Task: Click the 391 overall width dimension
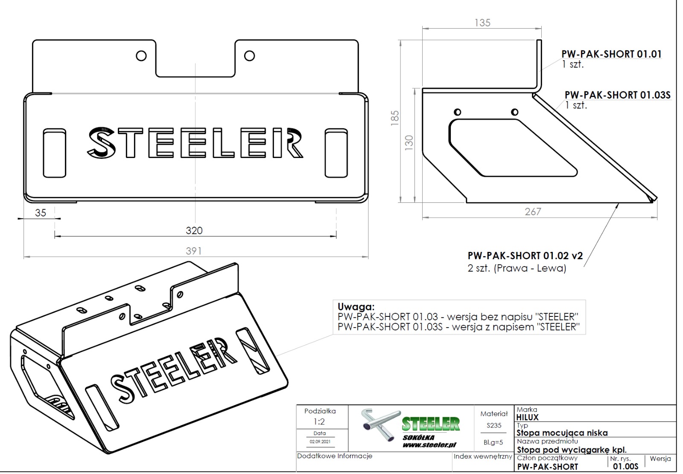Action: [x=194, y=251]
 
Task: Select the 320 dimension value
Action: [x=194, y=230]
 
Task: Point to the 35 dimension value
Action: [x=41, y=213]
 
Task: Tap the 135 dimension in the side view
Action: [x=482, y=23]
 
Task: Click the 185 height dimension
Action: [x=395, y=118]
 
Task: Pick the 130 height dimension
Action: [x=409, y=143]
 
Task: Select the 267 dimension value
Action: [x=533, y=212]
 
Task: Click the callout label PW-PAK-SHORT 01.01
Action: [x=611, y=54]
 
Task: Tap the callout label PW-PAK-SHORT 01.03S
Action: [x=617, y=95]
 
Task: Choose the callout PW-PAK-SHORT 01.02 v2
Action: [x=525, y=255]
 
